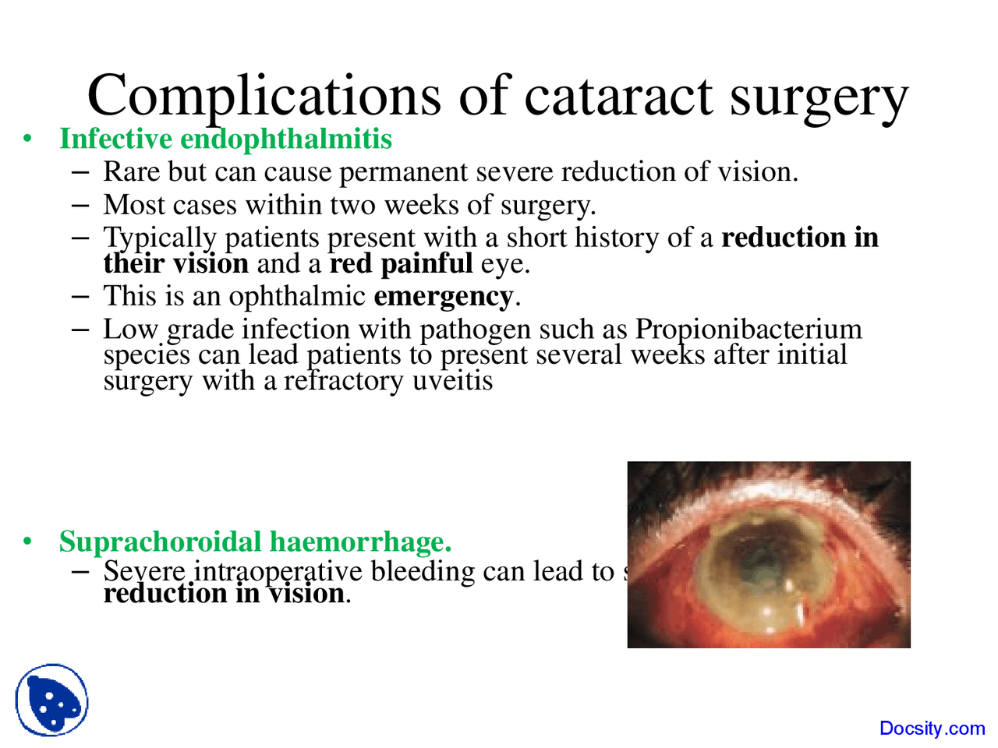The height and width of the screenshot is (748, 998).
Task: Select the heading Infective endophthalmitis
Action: point(225,139)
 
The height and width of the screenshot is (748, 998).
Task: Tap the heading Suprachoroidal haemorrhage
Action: point(255,541)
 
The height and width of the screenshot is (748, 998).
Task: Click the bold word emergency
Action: point(443,296)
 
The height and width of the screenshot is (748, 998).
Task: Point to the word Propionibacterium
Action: point(748,329)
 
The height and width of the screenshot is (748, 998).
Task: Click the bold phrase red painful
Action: point(401,263)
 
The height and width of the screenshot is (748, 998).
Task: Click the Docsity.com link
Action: point(932,729)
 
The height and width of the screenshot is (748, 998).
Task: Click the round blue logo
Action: point(51,700)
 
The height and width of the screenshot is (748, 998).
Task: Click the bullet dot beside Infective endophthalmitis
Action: point(28,139)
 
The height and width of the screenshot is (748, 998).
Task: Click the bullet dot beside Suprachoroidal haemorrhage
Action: point(28,542)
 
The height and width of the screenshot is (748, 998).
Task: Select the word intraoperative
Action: point(278,571)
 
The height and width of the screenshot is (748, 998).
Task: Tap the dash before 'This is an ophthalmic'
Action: point(79,296)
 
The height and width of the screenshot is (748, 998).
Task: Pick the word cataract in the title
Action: point(618,96)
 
